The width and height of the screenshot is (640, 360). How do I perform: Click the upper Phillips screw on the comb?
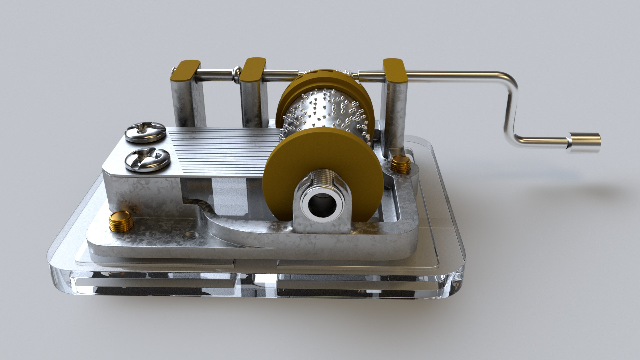pos(145,132)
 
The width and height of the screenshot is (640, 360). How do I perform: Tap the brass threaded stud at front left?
pos(121,221)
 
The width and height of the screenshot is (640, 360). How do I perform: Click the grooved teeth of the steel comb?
pos(227,150)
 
